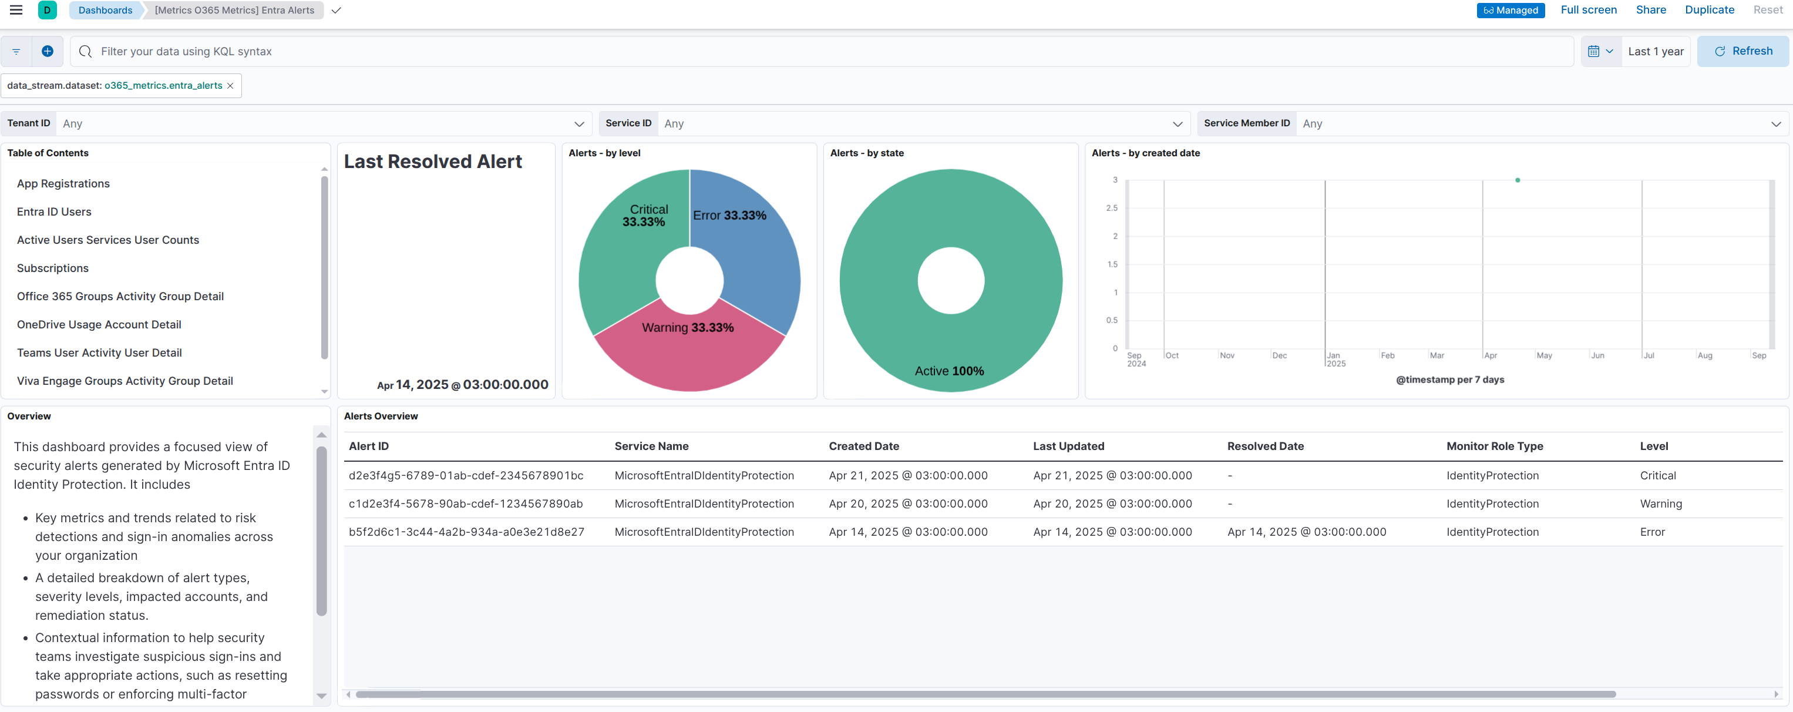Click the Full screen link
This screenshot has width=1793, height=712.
pyautogui.click(x=1589, y=10)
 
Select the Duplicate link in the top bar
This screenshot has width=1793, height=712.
pyautogui.click(x=1709, y=10)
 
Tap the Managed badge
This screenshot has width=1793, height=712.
pyautogui.click(x=1511, y=11)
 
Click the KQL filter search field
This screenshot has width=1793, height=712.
pyautogui.click(x=822, y=52)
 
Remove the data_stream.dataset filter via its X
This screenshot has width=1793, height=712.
pyautogui.click(x=230, y=86)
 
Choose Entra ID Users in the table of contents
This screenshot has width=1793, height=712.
pyautogui.click(x=54, y=211)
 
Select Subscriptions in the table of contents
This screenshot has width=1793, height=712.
pyautogui.click(x=53, y=268)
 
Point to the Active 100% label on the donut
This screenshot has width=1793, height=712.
pyautogui.click(x=950, y=371)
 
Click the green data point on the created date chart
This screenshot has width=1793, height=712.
pyautogui.click(x=1518, y=180)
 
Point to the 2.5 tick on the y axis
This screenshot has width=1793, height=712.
pyautogui.click(x=1112, y=208)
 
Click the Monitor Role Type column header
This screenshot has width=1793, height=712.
pyautogui.click(x=1495, y=446)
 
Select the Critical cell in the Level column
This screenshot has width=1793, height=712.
pyautogui.click(x=1657, y=475)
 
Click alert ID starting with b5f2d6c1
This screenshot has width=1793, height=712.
pyautogui.click(x=466, y=532)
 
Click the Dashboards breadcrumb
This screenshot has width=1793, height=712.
pyautogui.click(x=105, y=11)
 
